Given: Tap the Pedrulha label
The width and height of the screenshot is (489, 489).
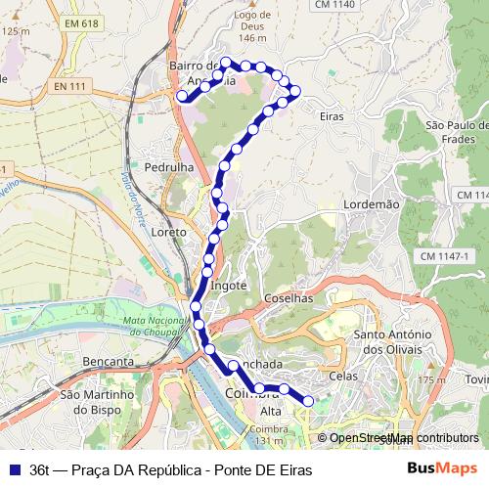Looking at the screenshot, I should click(x=169, y=167).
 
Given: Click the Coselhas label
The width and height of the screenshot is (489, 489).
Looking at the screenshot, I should click(x=287, y=298).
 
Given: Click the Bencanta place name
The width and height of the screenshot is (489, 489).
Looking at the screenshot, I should click(x=109, y=361).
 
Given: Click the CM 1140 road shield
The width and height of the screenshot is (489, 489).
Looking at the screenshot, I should click(x=334, y=5).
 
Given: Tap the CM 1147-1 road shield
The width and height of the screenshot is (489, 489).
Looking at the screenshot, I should click(x=445, y=255).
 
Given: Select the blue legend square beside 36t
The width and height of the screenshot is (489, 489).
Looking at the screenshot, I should click(x=14, y=469).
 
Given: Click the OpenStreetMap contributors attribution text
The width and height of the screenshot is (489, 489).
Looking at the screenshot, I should click(x=403, y=438).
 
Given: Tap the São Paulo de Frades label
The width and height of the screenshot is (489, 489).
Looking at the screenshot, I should click(x=457, y=131).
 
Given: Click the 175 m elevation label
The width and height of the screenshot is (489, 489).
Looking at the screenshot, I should click(x=430, y=380).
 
